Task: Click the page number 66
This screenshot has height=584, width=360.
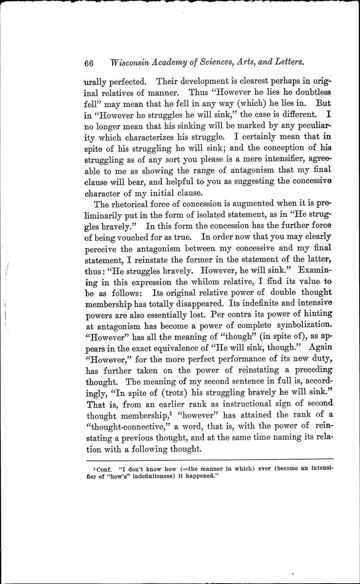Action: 89,63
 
